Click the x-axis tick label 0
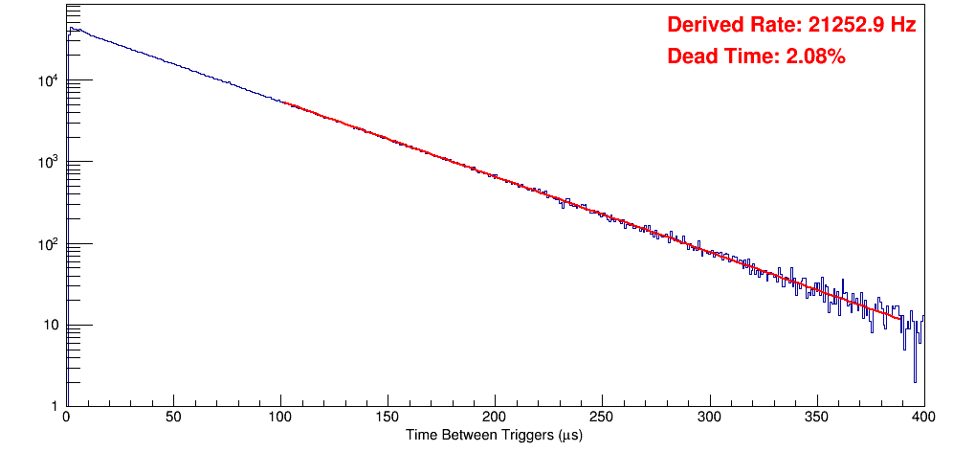click(x=65, y=418)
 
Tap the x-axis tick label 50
click(x=173, y=418)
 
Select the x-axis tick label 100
click(x=280, y=418)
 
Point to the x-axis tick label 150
click(x=388, y=418)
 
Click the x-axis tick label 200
click(x=495, y=418)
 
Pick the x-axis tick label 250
click(x=602, y=418)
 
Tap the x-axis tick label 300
click(x=709, y=418)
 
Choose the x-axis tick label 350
click(x=816, y=418)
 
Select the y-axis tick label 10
click(x=48, y=326)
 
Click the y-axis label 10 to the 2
click(x=48, y=243)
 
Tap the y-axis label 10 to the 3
click(x=48, y=162)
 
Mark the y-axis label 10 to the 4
click(x=48, y=80)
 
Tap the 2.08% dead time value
click(x=815, y=57)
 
